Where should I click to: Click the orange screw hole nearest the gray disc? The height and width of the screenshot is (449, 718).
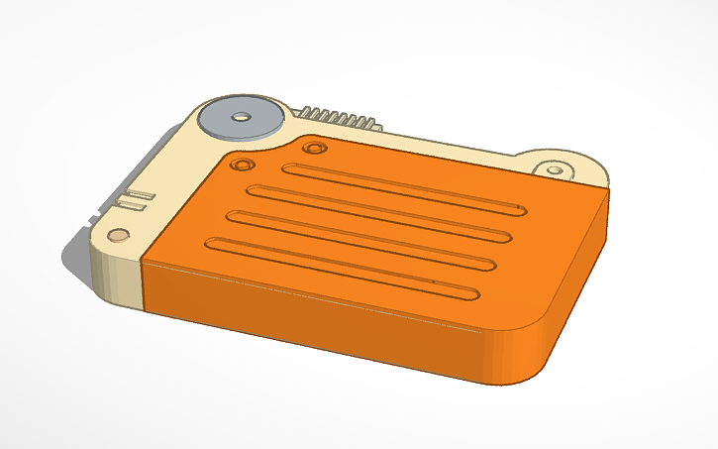coord(242,162)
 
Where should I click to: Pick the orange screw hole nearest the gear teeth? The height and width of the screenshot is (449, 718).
coord(315,148)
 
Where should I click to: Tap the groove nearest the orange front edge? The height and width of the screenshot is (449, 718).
coord(342,269)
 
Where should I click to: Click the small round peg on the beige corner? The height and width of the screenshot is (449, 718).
coord(118,236)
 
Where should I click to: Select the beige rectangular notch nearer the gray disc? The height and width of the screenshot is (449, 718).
coord(141,194)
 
